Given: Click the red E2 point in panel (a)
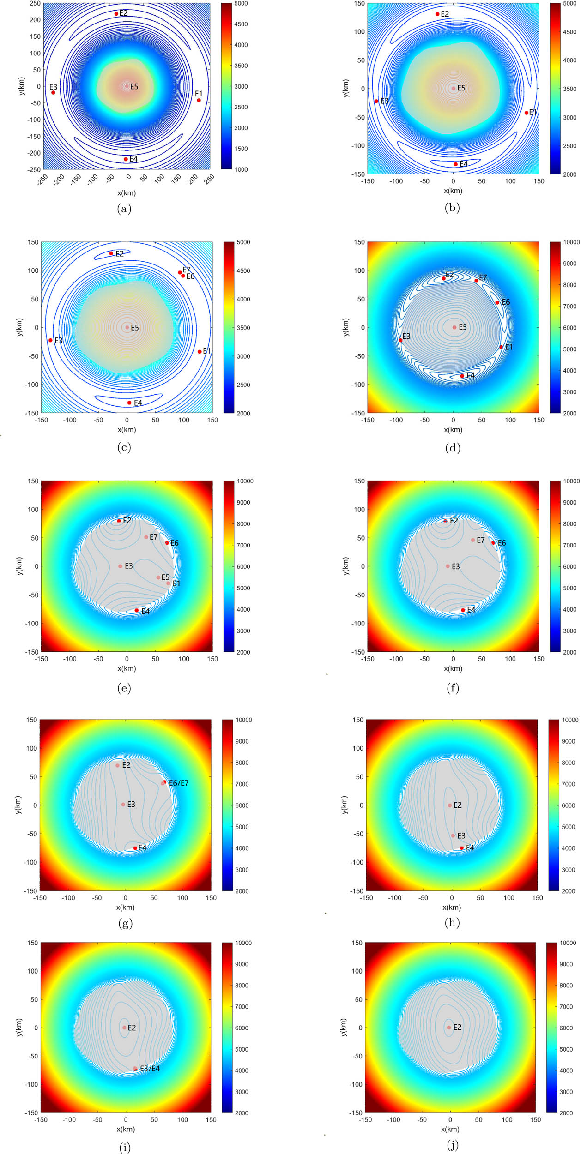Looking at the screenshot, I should pyautogui.click(x=116, y=14).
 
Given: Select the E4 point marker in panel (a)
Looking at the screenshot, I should pyautogui.click(x=126, y=159).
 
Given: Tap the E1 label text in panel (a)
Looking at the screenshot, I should pyautogui.click(x=199, y=94).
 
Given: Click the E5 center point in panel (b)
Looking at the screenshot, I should pyautogui.click(x=454, y=89).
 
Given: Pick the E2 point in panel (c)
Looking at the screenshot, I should pyautogui.click(x=111, y=253).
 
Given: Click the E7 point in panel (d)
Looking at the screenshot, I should pyautogui.click(x=476, y=281).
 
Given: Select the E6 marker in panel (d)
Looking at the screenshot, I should pyautogui.click(x=497, y=303).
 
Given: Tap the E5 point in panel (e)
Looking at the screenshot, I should pyautogui.click(x=158, y=577).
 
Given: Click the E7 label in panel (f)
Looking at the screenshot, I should pyautogui.click(x=481, y=540).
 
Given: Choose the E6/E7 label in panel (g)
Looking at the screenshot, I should pyautogui.click(x=179, y=783).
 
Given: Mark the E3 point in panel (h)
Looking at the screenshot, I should pyautogui.click(x=453, y=835).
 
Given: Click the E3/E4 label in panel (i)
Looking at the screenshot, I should pyautogui.click(x=150, y=1069).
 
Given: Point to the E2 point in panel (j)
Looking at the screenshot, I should pyautogui.click(x=449, y=1028).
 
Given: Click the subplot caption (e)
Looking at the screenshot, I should pyautogui.click(x=124, y=688).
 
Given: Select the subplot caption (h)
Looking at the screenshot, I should pyautogui.click(x=452, y=922).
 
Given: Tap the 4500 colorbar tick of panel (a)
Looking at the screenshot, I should pyautogui.click(x=241, y=24).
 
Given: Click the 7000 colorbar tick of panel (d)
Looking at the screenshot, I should pyautogui.click(x=569, y=307).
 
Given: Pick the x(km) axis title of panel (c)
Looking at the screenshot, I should pyautogui.click(x=127, y=430).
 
